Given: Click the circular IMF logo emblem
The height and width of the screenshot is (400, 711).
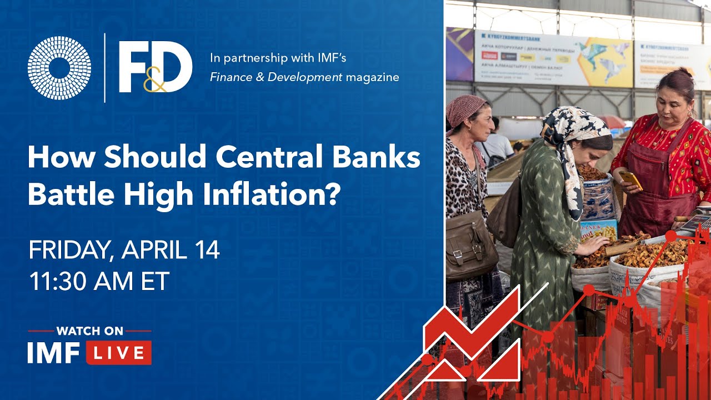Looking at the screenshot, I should tap(59, 68).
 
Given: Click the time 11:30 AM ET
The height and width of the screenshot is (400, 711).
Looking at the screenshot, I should tap(99, 282).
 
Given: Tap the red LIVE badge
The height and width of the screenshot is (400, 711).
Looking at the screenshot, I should tap(118, 353).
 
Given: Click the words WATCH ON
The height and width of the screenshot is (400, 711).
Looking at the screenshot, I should tap(89, 331).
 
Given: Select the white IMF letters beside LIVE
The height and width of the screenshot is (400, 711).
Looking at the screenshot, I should tap(54, 353).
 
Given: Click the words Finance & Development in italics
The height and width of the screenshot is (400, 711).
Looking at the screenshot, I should tap(276, 77).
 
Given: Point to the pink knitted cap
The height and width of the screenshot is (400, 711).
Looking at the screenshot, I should tap(465, 108).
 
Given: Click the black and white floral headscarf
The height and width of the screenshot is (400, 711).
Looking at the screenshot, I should tap(572, 133).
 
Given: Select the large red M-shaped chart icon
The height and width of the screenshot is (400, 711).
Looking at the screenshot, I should tap(472, 344).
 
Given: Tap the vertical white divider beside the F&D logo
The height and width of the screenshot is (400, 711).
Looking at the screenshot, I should tap(105, 68).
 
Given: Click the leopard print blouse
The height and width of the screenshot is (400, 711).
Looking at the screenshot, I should tap(464, 178).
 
